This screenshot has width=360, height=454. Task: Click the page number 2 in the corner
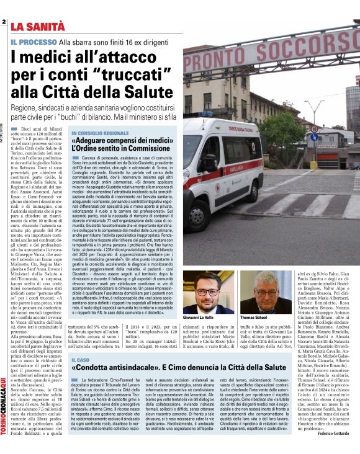pyautogui.click(x=4, y=22)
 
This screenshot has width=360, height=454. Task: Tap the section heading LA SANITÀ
pyautogui.click(x=38, y=26)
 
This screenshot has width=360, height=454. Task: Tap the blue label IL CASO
pyautogui.click(x=81, y=359)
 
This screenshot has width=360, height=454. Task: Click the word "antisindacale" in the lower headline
pyautogui.click(x=141, y=369)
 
